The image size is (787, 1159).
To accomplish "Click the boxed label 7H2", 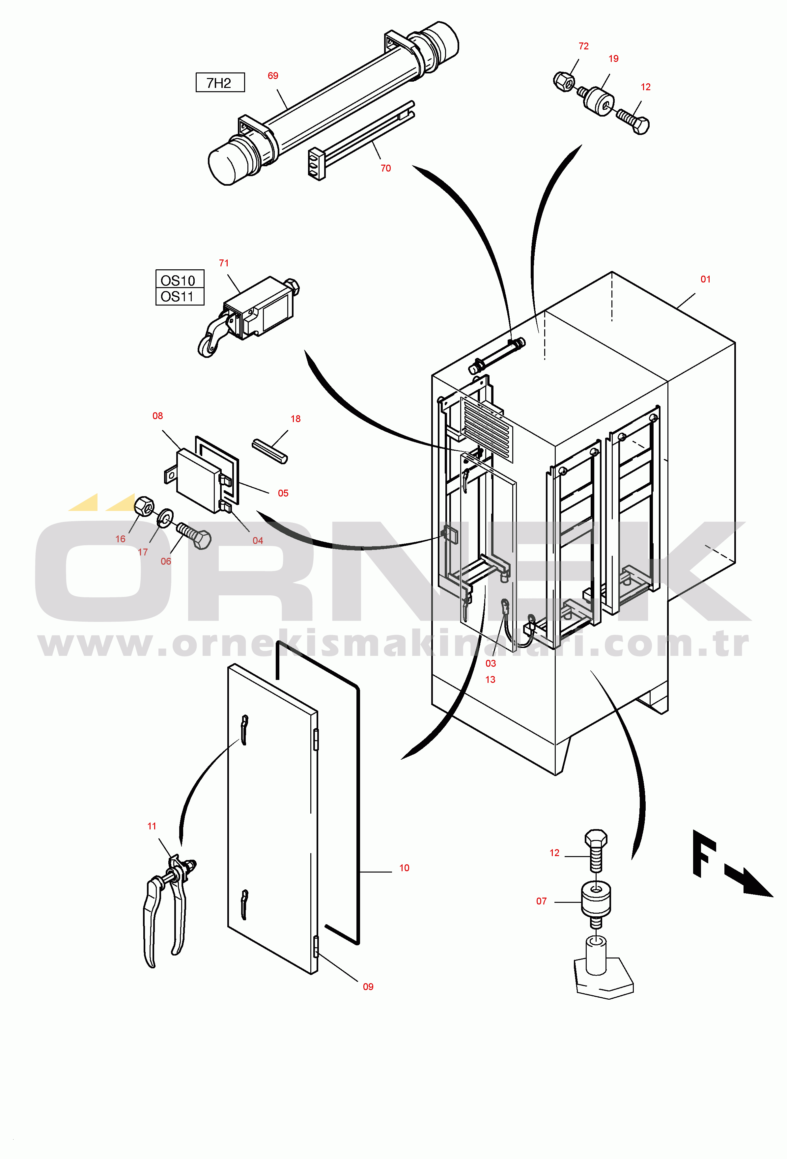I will [220, 83].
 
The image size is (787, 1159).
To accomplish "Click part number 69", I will [273, 76].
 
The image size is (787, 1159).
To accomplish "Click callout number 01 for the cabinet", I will [705, 279].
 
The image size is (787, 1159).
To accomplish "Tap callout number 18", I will [295, 419].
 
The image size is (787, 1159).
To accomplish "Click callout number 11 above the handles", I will [152, 826].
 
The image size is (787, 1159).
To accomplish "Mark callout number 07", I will [542, 901].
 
